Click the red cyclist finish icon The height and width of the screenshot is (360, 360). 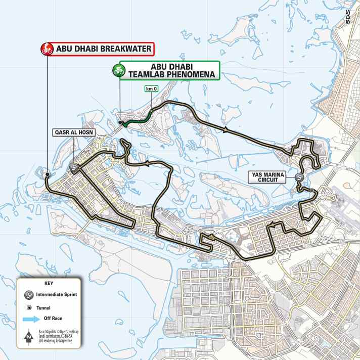(47, 49)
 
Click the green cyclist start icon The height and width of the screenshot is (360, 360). (120, 70)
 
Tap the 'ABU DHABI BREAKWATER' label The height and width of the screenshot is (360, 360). (103, 49)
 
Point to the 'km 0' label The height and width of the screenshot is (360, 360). (150, 89)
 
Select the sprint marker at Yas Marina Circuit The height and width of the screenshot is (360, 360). (299, 177)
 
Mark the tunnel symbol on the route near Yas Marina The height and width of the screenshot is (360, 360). (313, 191)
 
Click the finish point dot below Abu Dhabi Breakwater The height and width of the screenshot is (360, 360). (47, 174)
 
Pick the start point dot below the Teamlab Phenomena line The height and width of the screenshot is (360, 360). (120, 123)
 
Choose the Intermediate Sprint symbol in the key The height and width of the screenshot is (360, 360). (29, 294)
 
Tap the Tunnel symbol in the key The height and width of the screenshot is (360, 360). (29, 307)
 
